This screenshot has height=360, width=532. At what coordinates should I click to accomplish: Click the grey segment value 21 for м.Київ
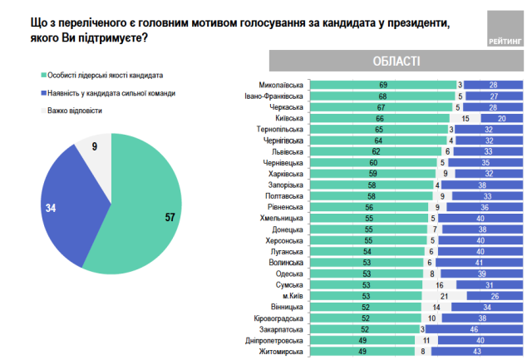coord(444,296)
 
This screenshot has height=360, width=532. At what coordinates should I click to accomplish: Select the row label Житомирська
coord(283,353)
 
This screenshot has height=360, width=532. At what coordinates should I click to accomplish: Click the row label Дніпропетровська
coord(276,341)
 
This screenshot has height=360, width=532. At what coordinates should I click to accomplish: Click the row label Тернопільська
coord(281,130)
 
